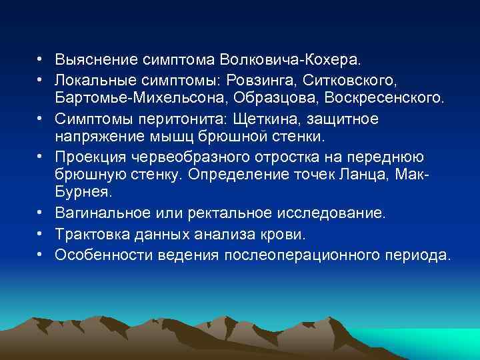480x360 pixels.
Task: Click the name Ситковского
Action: click(349, 80)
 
